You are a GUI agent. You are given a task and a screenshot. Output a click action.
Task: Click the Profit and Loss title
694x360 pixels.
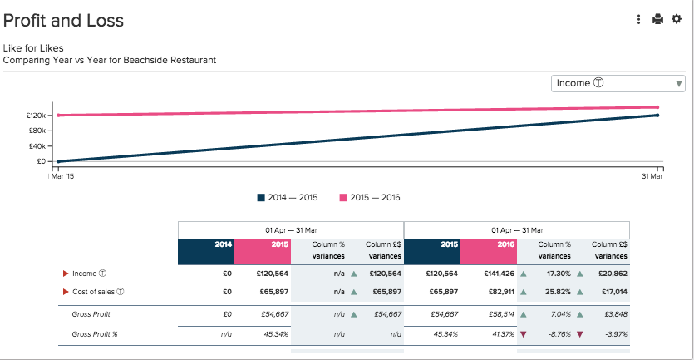[63, 21]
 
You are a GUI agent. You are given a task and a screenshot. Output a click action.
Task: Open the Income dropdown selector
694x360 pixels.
[618, 83]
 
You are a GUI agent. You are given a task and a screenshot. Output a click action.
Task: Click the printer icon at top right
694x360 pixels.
[657, 19]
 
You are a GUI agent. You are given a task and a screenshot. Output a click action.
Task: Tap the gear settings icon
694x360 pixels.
[677, 19]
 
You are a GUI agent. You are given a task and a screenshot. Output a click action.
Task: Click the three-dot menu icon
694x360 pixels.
[638, 19]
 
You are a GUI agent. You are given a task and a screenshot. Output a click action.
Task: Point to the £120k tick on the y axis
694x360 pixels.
[39, 116]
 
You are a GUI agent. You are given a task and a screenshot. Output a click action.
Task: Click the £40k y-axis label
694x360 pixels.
[39, 145]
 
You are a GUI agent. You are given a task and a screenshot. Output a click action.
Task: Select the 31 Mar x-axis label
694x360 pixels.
[652, 176]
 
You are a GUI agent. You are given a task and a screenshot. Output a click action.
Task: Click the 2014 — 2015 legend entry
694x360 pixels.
[288, 197]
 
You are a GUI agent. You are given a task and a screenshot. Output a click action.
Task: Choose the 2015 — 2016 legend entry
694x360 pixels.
[370, 197]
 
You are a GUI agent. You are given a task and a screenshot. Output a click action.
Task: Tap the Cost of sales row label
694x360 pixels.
[98, 292]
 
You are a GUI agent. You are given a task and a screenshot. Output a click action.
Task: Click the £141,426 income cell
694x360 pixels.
[498, 273]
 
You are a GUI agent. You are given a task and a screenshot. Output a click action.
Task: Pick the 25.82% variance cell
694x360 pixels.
[554, 292]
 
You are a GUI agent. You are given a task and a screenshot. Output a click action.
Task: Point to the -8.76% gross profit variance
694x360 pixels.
[554, 334]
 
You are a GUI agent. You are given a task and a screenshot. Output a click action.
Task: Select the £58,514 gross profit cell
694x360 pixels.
[500, 314]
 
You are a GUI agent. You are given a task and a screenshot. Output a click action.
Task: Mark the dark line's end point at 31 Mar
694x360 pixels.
[657, 116]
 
